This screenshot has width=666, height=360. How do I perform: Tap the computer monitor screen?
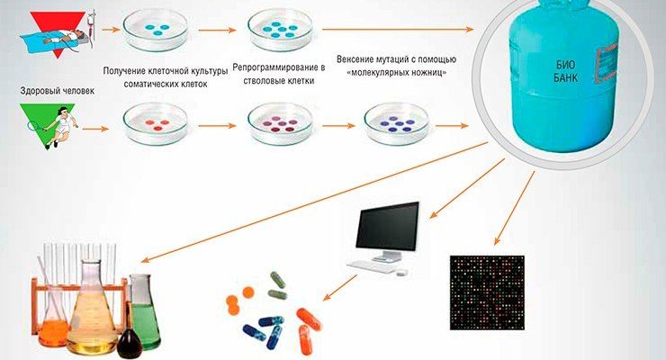[x=388, y=226]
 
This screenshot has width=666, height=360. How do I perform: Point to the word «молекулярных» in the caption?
[x=382, y=72]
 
